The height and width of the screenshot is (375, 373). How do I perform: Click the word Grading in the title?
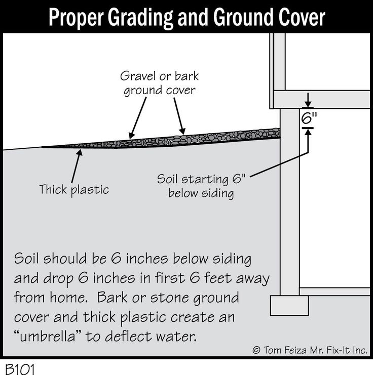point(140,17)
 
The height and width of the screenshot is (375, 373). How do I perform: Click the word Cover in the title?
point(302,17)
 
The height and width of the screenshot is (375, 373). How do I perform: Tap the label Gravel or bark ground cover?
point(159,84)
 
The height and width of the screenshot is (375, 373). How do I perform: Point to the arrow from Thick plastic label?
point(77,166)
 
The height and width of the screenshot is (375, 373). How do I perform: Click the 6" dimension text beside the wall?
point(309,118)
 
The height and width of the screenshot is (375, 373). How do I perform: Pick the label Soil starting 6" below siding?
point(201,186)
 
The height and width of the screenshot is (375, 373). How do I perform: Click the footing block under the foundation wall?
point(289,305)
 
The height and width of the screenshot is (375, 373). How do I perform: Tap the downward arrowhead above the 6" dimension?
point(308,105)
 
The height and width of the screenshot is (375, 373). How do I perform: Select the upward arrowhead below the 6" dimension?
point(308,132)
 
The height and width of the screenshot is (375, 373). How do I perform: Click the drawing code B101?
point(20,369)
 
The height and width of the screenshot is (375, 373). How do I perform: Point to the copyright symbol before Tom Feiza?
point(256,350)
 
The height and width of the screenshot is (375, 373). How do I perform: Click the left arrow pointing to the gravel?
point(137,118)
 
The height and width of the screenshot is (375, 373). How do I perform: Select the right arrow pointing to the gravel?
point(179,116)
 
